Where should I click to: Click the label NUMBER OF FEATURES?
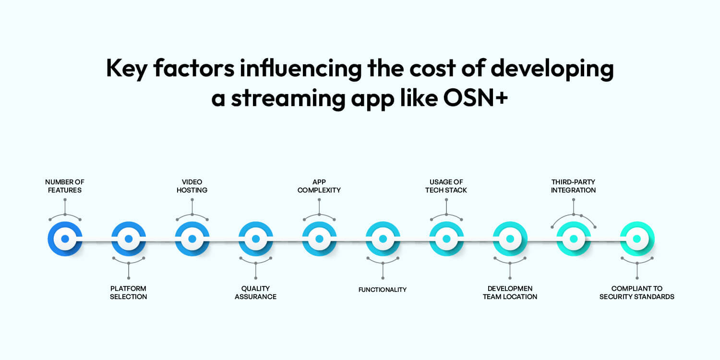click(x=65, y=186)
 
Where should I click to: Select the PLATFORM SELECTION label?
click(x=128, y=292)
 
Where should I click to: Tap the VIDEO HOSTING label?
click(x=192, y=186)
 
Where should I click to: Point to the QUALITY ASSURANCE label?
click(x=255, y=292)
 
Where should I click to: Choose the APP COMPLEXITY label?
click(x=319, y=186)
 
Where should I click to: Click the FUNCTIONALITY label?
click(x=383, y=290)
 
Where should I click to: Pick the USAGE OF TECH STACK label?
click(x=446, y=186)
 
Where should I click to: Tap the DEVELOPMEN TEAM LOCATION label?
click(x=510, y=292)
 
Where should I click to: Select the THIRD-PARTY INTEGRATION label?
click(x=573, y=186)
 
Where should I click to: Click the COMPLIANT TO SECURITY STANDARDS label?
click(x=637, y=292)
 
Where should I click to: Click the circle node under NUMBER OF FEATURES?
click(x=65, y=239)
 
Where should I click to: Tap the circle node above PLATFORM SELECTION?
click(x=129, y=239)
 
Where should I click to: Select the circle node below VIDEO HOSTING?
click(x=192, y=239)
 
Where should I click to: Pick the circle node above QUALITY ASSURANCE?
click(x=256, y=239)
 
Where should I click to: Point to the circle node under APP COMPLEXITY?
click(x=319, y=239)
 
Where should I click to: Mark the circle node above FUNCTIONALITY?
click(x=383, y=239)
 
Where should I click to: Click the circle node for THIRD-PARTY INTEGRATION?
click(x=574, y=239)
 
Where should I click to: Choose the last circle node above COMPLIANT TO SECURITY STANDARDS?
click(x=637, y=239)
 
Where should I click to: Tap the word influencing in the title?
click(x=300, y=69)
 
